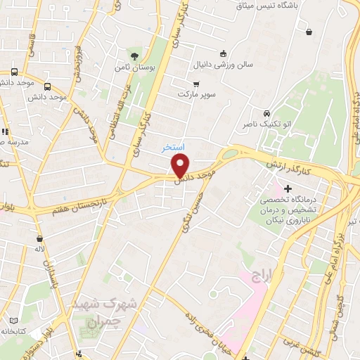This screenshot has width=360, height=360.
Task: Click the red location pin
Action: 181,166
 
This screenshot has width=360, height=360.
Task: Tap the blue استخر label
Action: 172,148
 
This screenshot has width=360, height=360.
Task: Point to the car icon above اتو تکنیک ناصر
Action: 266,114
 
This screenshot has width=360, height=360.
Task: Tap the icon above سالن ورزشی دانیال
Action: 223,53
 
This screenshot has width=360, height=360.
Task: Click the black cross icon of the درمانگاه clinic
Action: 288,188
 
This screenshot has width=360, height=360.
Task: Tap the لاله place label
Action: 39,249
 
